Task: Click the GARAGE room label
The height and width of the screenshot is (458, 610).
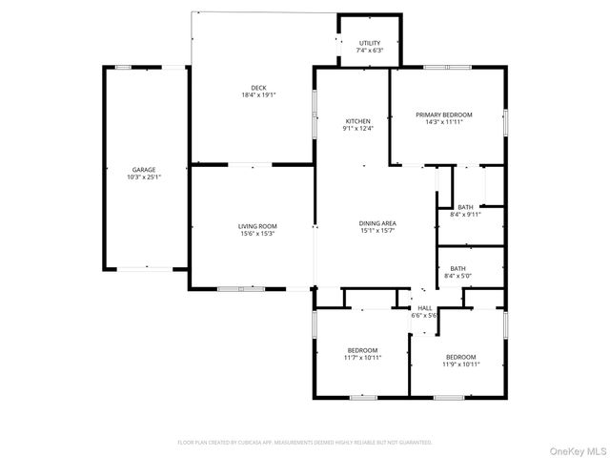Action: pyautogui.click(x=144, y=169)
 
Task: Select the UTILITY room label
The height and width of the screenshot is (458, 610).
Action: pyautogui.click(x=370, y=43)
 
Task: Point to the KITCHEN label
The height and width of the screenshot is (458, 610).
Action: pyautogui.click(x=357, y=121)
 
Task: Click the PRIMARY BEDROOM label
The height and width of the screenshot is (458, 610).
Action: pyautogui.click(x=444, y=114)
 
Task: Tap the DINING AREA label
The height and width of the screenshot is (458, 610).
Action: pyautogui.click(x=377, y=223)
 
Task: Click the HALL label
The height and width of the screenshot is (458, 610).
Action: pyautogui.click(x=425, y=308)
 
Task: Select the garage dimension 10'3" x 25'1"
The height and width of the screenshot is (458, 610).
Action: pyautogui.click(x=144, y=177)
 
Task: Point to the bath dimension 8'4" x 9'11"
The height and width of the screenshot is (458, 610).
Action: pyautogui.click(x=465, y=215)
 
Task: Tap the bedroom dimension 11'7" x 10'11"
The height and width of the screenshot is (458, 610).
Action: pyautogui.click(x=362, y=358)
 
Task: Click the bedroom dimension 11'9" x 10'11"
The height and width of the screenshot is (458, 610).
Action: pyautogui.click(x=460, y=364)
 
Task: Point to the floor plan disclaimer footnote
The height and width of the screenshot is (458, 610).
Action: pyautogui.click(x=305, y=442)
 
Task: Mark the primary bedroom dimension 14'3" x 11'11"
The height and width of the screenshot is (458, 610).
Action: pyautogui.click(x=444, y=122)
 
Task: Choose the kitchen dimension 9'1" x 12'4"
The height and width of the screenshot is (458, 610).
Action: pyautogui.click(x=357, y=129)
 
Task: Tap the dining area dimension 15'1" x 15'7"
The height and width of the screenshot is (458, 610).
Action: pyautogui.click(x=377, y=231)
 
